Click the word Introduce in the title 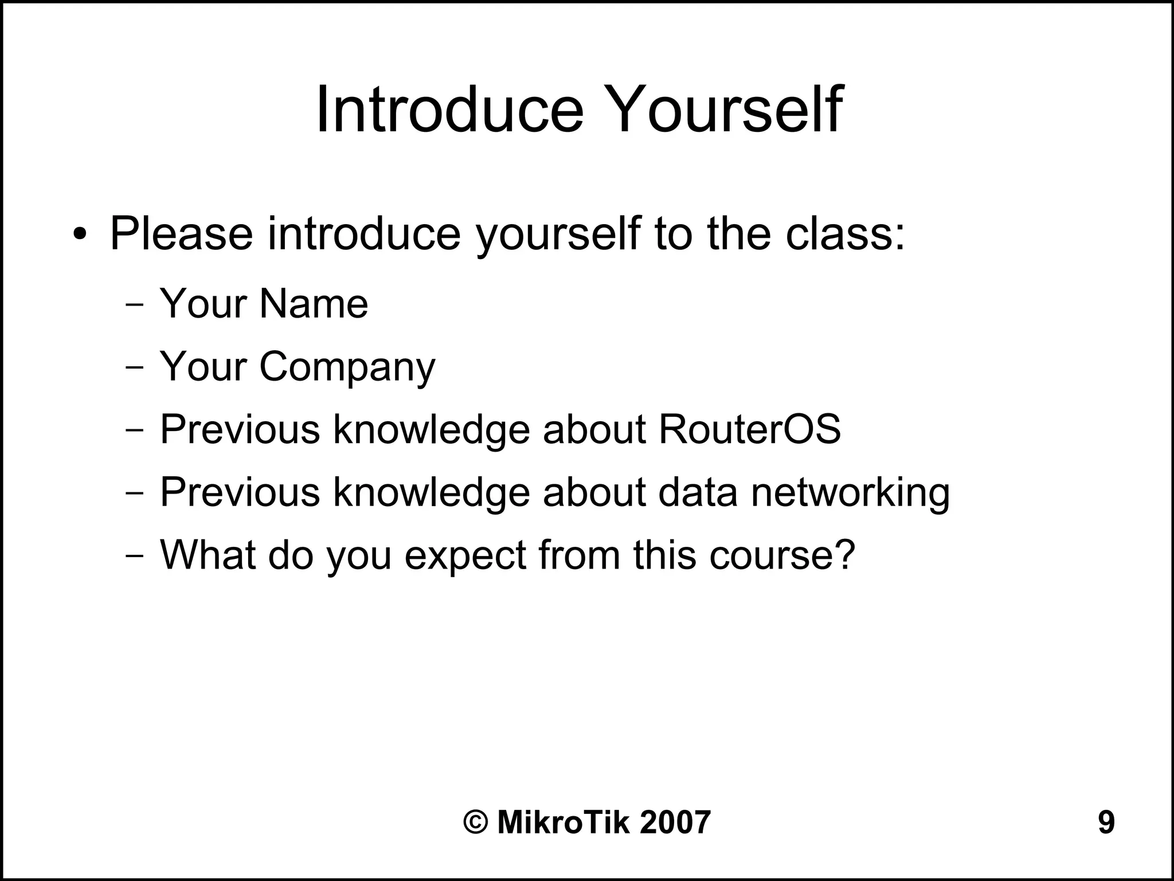pos(449,109)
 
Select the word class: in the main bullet pos(845,233)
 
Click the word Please pos(181,233)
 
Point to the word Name pos(314,303)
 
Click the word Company pos(347,367)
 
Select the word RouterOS pos(750,429)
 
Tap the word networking pos(850,492)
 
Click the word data pos(698,492)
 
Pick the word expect pos(465,555)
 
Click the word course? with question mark pos(782,555)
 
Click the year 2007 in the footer pos(675,823)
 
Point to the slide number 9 pos(1106,823)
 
